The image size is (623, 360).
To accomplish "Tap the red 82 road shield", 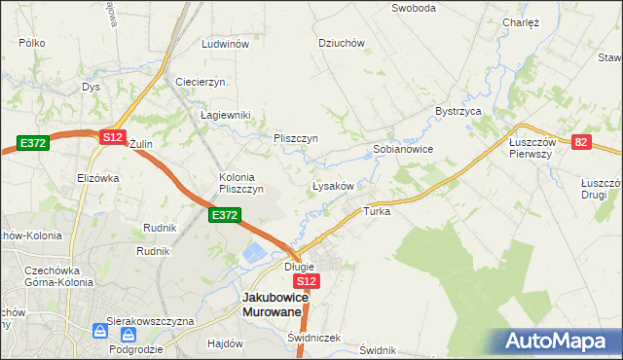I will click(x=581, y=142).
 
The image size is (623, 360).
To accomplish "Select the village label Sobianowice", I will click(x=403, y=150).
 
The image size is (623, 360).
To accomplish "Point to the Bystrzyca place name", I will click(x=459, y=112).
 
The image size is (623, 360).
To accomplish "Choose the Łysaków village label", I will click(x=338, y=185).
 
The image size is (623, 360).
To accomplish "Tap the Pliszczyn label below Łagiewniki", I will click(x=296, y=138).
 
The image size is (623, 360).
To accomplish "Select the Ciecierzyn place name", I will click(x=201, y=82).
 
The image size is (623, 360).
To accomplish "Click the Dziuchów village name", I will click(x=342, y=43).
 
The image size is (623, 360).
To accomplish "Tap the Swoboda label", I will click(x=413, y=8).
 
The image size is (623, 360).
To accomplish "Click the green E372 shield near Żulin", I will click(x=32, y=143).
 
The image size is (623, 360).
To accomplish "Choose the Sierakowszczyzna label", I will click(x=151, y=320).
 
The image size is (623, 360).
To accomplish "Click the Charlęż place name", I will click(x=521, y=22).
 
